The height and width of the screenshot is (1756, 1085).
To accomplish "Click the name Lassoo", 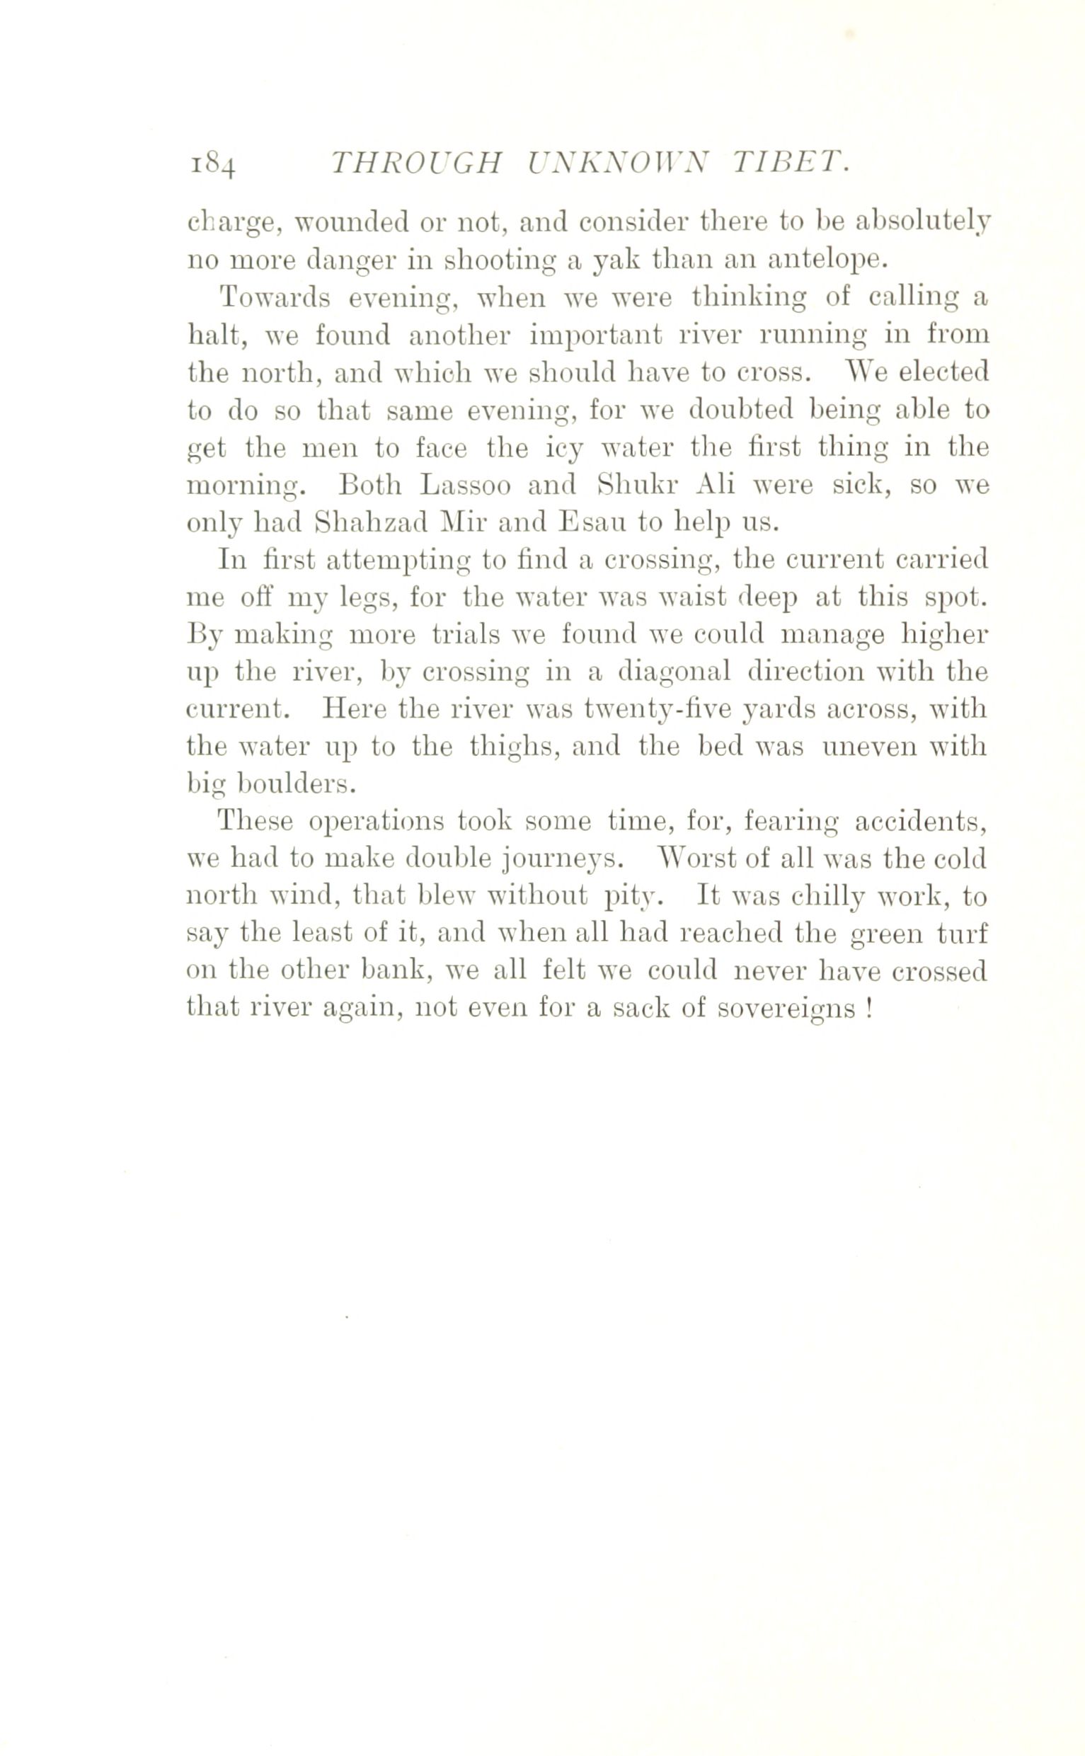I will tap(466, 485).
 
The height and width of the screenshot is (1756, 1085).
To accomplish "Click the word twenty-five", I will tap(658, 711).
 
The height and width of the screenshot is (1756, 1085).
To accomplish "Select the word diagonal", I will tap(674, 673).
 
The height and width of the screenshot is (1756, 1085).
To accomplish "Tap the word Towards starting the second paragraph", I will tap(276, 297).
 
